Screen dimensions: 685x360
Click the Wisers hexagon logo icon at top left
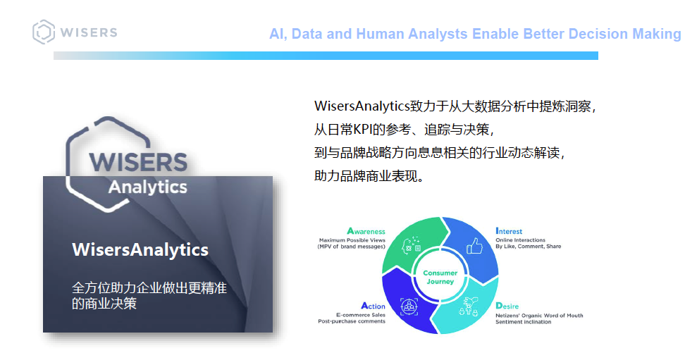[44, 32]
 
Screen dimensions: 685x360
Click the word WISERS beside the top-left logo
[89, 33]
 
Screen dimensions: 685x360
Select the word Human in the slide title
[380, 34]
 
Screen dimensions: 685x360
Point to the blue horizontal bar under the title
[326, 56]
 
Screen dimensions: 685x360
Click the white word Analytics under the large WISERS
[148, 187]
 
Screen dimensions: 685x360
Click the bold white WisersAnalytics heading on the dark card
[140, 250]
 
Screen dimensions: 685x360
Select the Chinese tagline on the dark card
[149, 295]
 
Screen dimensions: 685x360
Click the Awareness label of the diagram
[366, 231]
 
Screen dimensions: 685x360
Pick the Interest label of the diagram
[509, 231]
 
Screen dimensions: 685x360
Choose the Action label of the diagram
[373, 306]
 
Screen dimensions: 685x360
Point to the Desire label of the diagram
[507, 306]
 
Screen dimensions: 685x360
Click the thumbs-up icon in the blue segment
[474, 246]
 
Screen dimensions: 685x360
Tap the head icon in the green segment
[411, 245]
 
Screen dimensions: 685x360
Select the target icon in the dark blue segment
[409, 306]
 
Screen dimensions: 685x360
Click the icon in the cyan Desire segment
[469, 306]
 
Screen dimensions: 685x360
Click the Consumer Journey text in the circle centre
[440, 277]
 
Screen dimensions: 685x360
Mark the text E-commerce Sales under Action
[361, 315]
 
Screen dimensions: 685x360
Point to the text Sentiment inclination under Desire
[524, 322]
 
